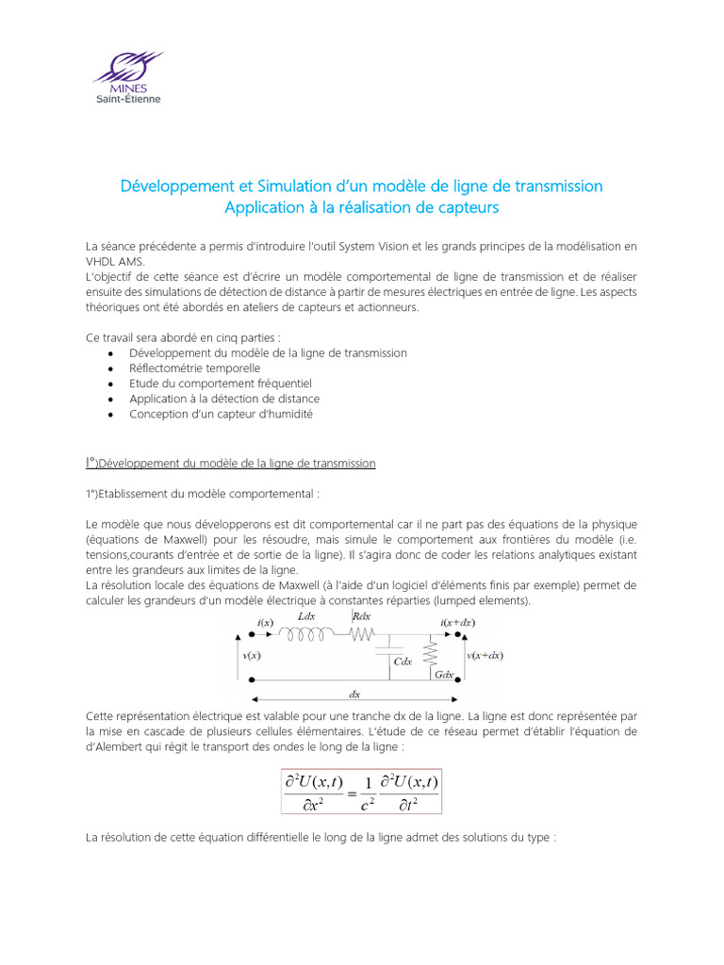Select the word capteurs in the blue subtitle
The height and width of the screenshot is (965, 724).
pos(465,206)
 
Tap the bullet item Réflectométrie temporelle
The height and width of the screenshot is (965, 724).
pos(194,368)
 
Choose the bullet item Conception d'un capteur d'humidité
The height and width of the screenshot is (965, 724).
pos(221,414)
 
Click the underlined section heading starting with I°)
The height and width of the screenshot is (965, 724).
pos(230,463)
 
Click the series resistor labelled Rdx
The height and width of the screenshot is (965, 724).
pos(362,635)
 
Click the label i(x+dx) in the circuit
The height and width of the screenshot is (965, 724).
pos(458,623)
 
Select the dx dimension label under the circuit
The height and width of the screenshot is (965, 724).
pos(354,695)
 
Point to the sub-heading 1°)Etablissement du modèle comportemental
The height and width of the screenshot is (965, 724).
pos(203,493)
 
